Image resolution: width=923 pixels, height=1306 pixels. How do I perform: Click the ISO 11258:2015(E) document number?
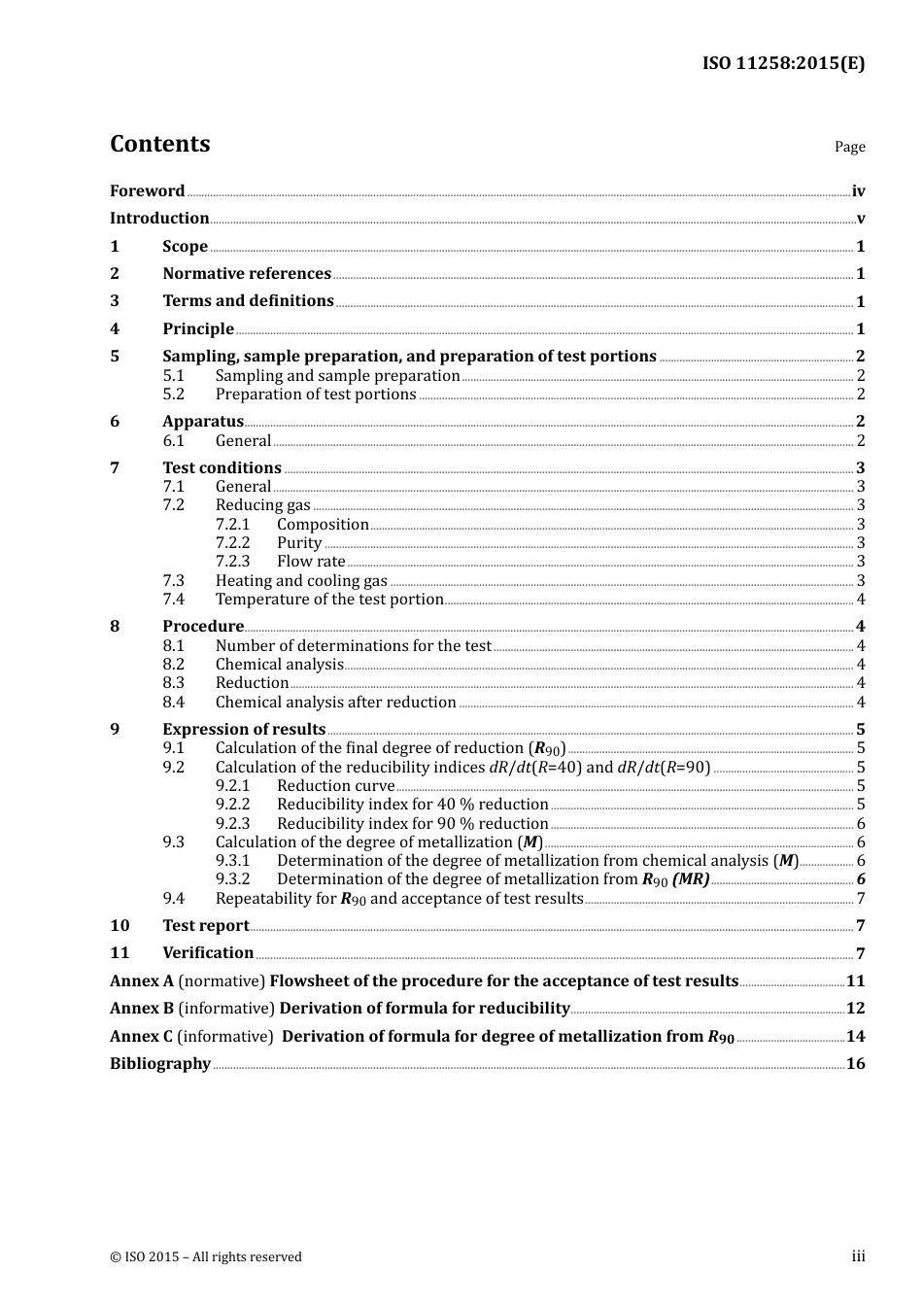[783, 64]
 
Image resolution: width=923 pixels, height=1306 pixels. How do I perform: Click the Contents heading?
[159, 144]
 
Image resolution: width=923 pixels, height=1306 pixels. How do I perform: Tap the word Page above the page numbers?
[849, 147]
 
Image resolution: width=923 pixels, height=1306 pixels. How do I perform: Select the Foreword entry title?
[147, 191]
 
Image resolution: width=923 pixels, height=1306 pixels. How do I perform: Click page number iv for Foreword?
[858, 191]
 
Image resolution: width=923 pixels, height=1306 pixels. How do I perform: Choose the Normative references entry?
[247, 274]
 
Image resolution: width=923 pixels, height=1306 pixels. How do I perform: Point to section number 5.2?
[173, 395]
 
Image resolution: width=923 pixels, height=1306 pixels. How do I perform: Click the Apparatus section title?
[203, 422]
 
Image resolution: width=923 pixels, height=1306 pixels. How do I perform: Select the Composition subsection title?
[323, 525]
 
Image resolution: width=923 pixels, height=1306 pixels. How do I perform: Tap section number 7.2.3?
[232, 562]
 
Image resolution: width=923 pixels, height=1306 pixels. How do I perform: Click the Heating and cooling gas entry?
[301, 581]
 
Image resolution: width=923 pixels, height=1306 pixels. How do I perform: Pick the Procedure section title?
[203, 627]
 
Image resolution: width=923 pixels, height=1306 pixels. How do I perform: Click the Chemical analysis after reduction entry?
[335, 703]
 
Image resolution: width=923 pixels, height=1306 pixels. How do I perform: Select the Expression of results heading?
[244, 730]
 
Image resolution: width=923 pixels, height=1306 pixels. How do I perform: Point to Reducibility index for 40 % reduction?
[412, 805]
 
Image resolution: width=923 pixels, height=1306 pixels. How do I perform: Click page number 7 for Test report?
[860, 926]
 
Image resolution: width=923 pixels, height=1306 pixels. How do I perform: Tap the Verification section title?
[208, 953]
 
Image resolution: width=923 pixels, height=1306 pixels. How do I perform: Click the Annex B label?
[142, 1009]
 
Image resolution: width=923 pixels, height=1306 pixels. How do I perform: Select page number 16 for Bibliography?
[855, 1064]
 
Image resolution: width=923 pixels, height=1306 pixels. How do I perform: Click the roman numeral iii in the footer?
[858, 1256]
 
